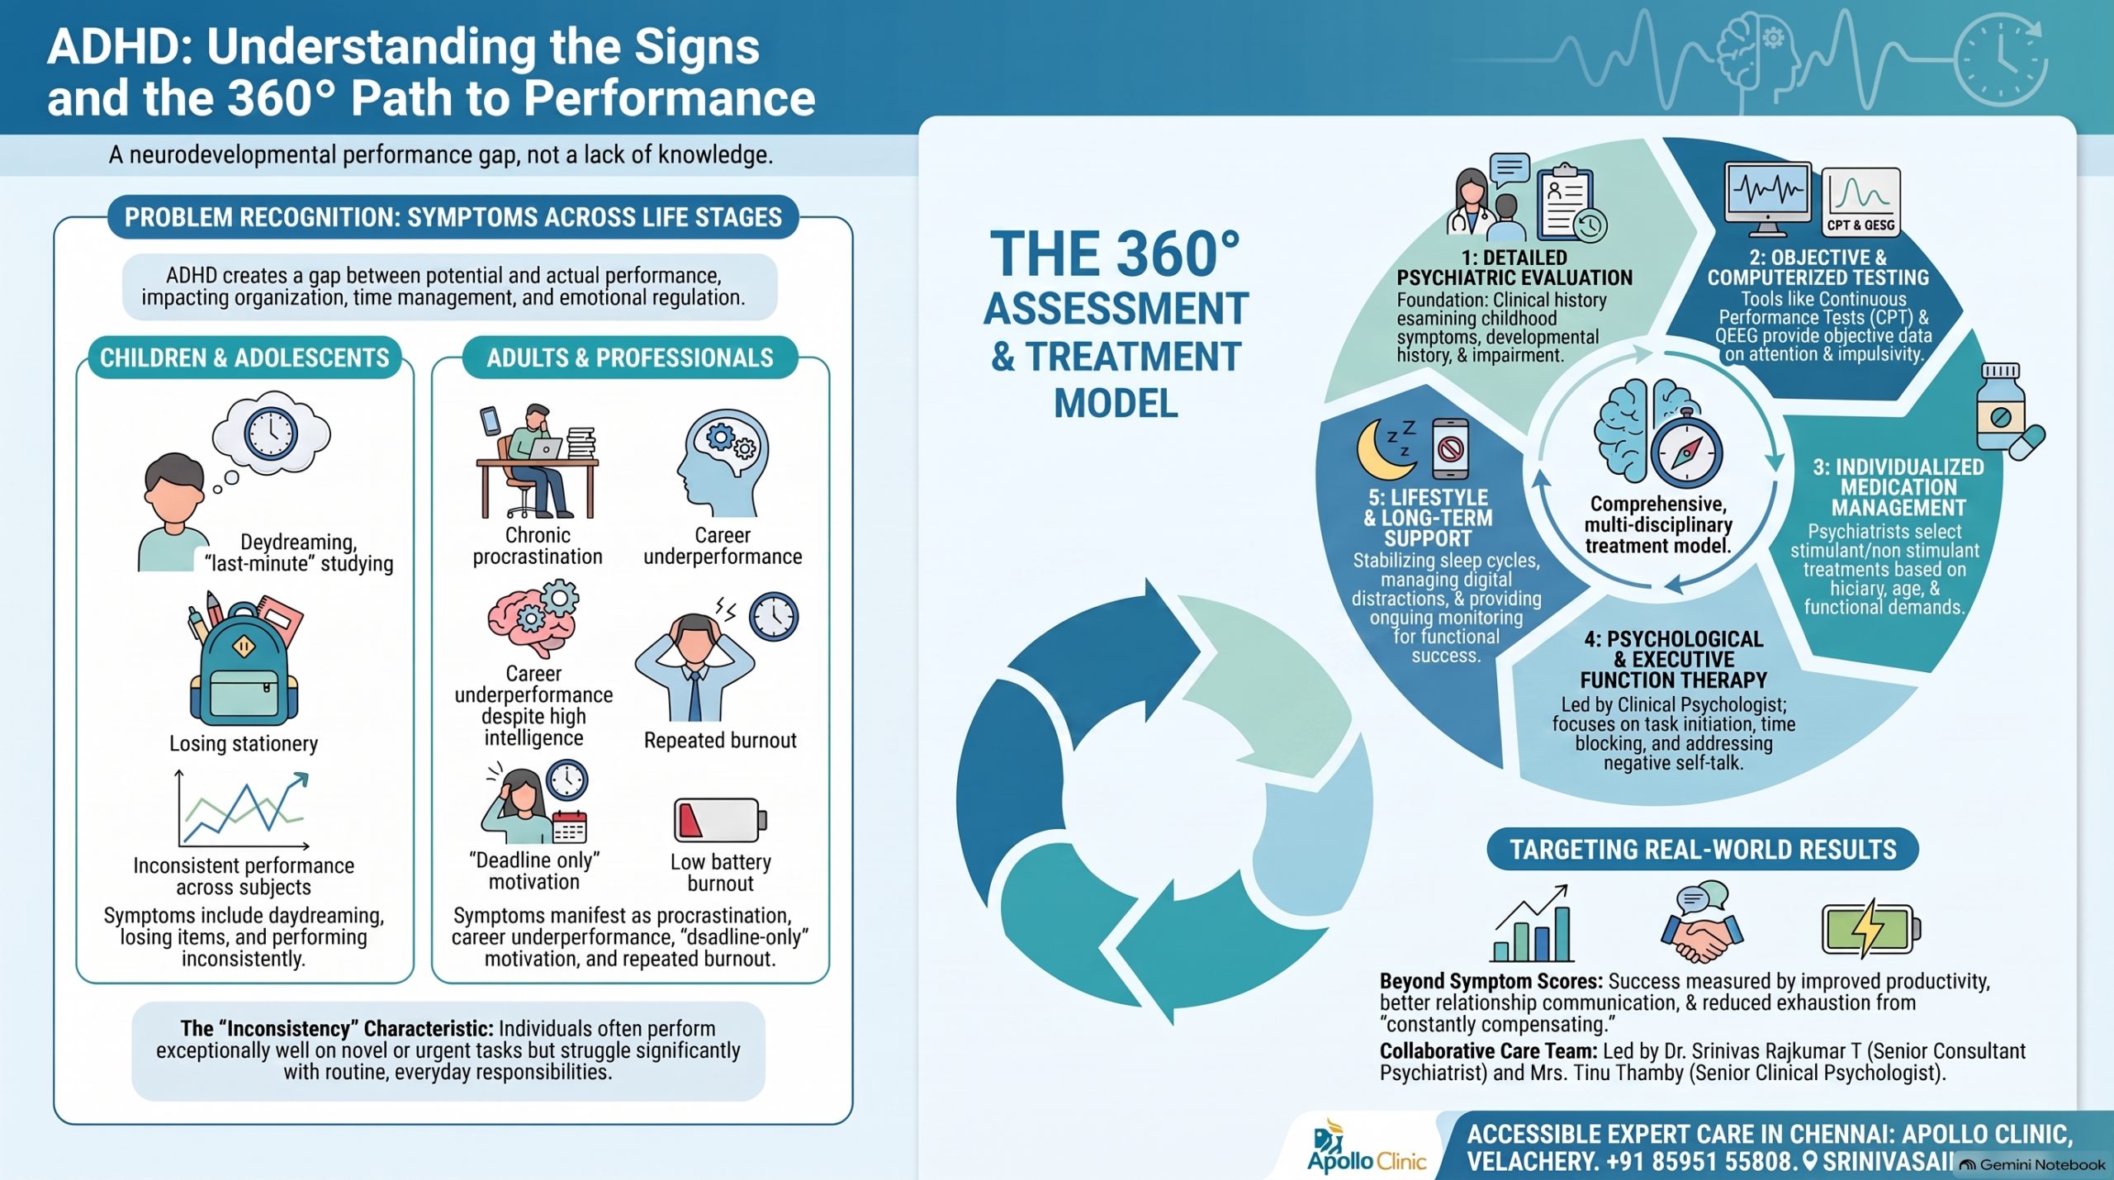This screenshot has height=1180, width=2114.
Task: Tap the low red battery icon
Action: tap(720, 819)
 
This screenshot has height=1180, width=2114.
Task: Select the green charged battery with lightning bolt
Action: tap(1870, 928)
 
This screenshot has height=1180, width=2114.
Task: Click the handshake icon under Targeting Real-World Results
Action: tap(1702, 923)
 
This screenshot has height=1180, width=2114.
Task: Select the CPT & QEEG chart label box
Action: tap(1860, 202)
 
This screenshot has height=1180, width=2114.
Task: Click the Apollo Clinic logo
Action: tap(1366, 1147)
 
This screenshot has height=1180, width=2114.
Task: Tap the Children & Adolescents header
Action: tap(244, 358)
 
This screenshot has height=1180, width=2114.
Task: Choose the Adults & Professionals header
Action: tap(630, 358)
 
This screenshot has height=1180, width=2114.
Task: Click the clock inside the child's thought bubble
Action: tap(271, 434)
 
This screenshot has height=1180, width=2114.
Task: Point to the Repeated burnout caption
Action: tap(720, 741)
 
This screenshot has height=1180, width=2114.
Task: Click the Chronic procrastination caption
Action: tap(538, 546)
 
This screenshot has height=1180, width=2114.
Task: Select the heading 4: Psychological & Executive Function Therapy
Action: tap(1674, 660)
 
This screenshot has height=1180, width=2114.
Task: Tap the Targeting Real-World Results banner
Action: tap(1703, 849)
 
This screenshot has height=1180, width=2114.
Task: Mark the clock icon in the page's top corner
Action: tap(2001, 60)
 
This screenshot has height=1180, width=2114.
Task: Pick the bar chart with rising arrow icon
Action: tap(1533, 923)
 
